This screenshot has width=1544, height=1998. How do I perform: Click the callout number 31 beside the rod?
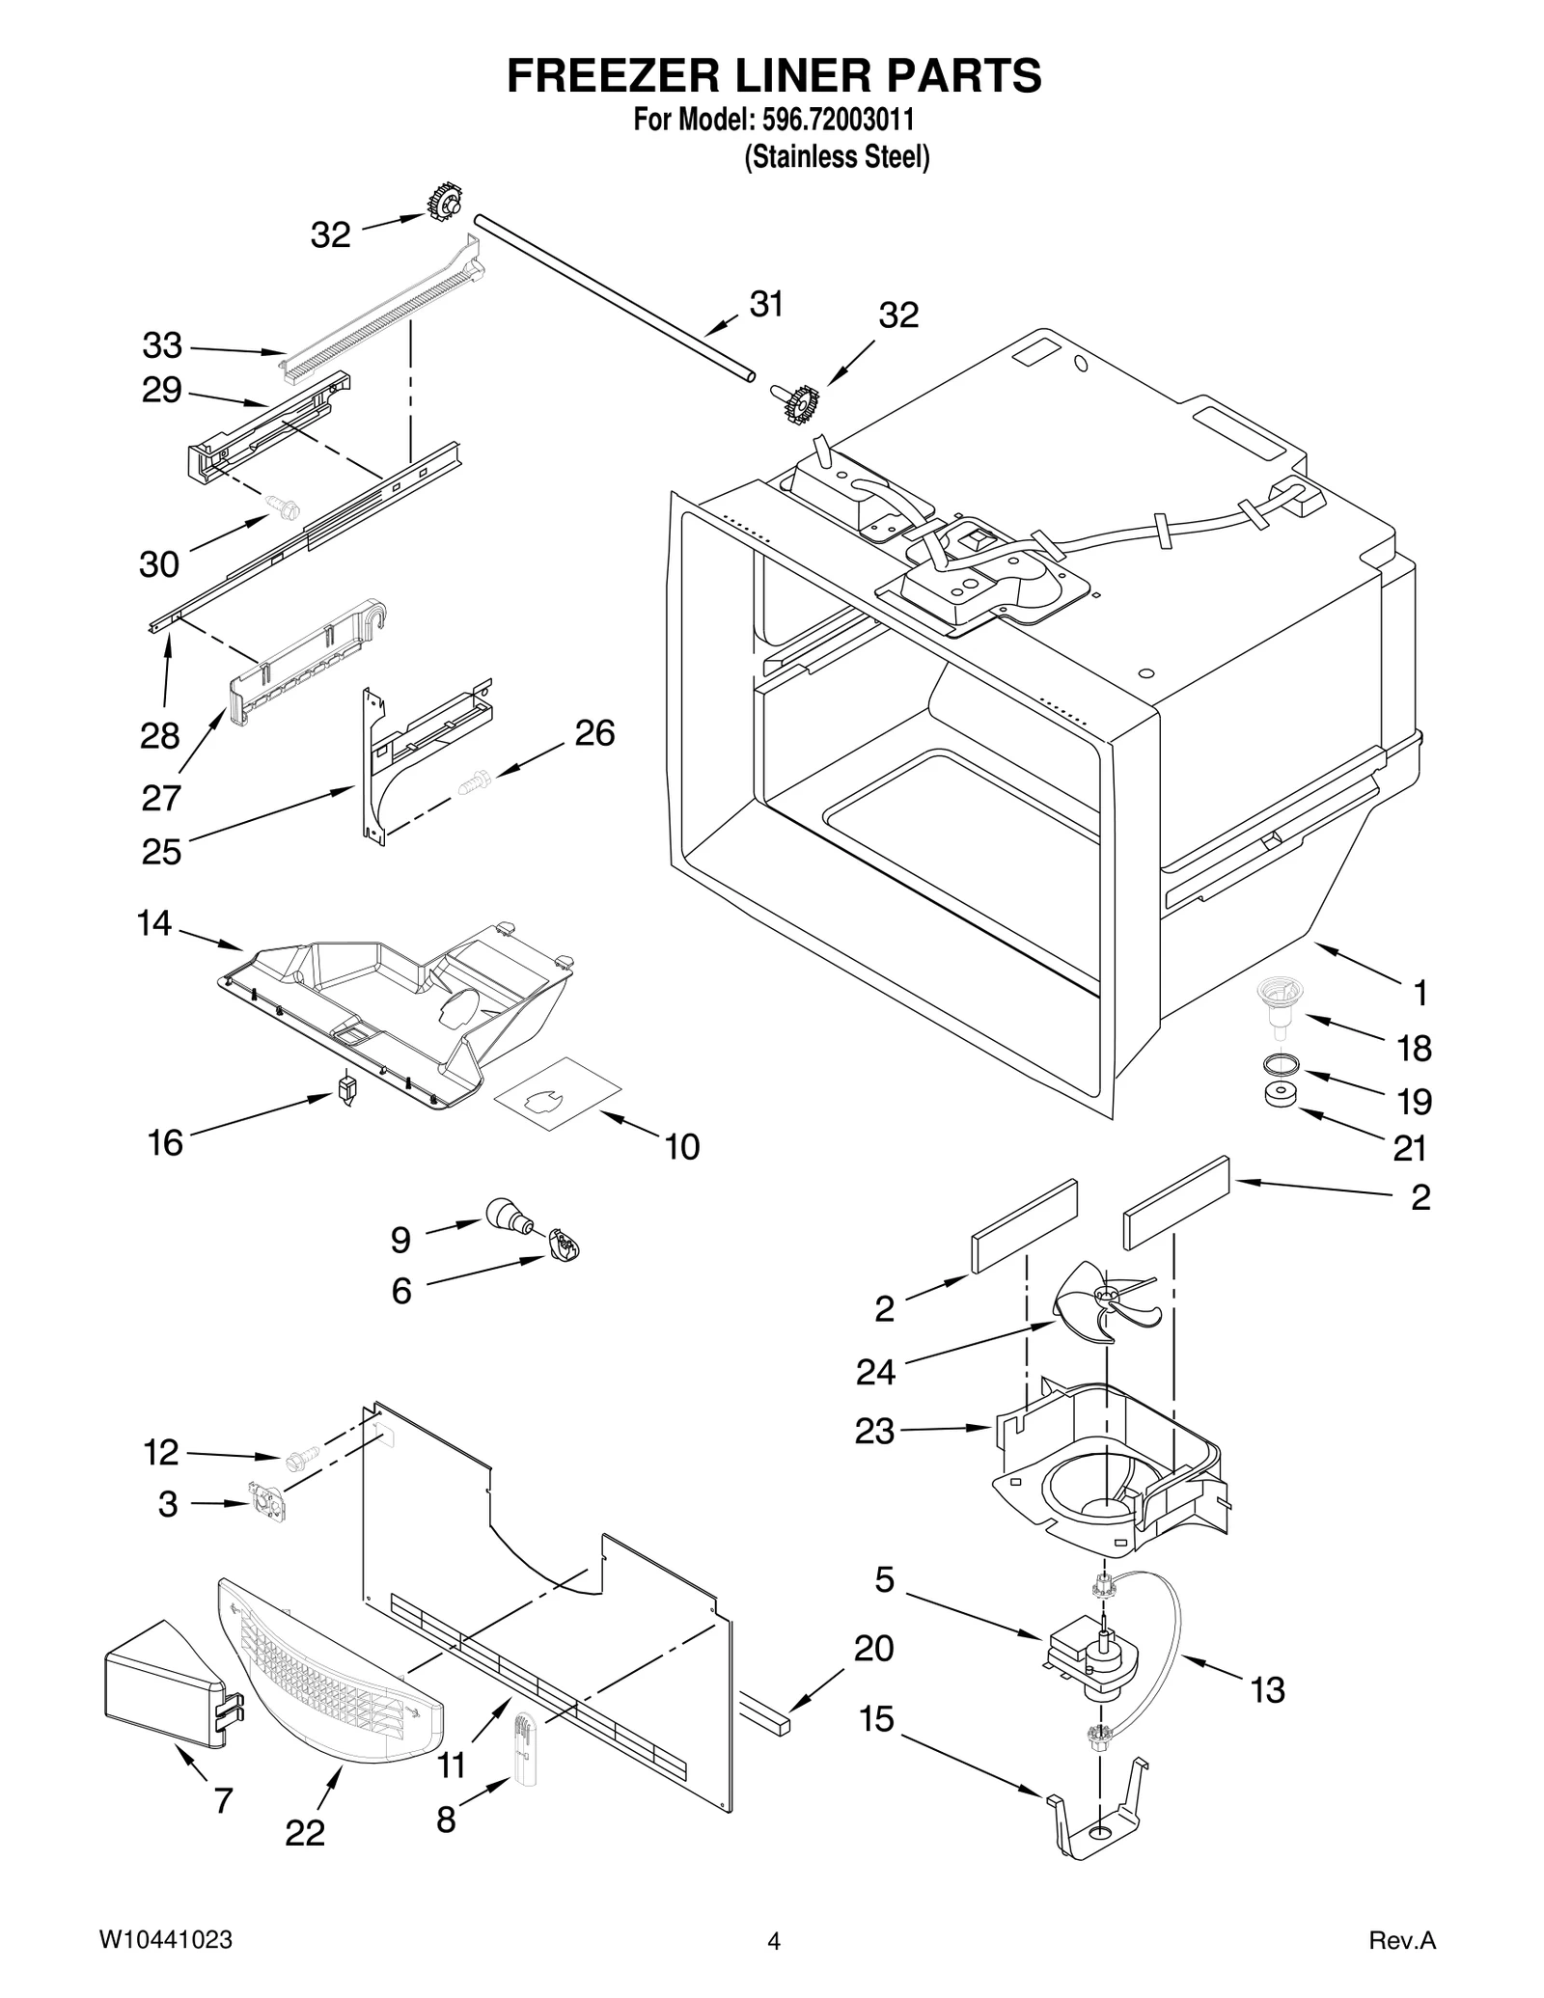click(x=766, y=304)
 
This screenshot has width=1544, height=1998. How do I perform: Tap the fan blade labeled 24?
click(x=1106, y=1302)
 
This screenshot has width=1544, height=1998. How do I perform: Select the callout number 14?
click(x=154, y=923)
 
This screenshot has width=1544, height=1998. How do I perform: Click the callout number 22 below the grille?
click(x=305, y=1832)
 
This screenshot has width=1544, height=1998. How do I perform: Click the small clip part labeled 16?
click(x=346, y=1089)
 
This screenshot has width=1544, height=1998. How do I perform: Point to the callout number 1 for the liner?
click(x=1420, y=992)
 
